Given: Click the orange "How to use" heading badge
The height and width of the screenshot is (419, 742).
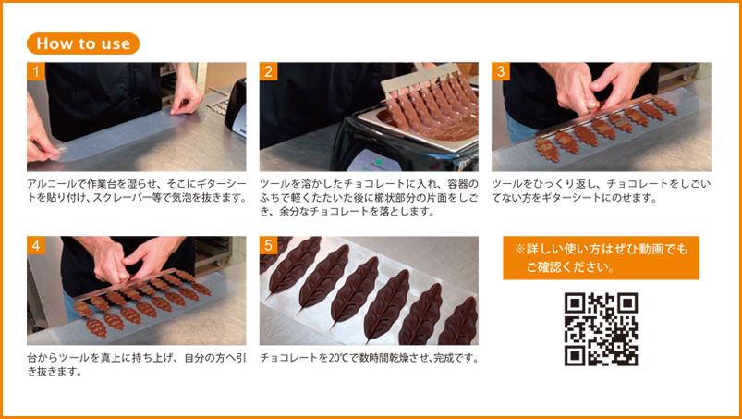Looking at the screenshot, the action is [83, 43].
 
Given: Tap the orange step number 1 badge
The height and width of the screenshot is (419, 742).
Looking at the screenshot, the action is [36, 71].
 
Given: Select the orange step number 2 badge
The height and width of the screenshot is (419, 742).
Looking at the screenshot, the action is [268, 71].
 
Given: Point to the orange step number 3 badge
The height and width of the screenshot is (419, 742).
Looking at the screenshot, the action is [501, 71].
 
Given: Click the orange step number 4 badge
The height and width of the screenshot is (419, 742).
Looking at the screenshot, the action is [36, 245].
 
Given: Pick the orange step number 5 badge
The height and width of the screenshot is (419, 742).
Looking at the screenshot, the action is [268, 245].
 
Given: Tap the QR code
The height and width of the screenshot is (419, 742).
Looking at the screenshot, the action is [601, 329].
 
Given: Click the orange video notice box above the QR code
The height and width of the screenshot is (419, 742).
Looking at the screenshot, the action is [601, 258].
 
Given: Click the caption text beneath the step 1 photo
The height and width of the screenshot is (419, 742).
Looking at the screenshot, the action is [137, 191].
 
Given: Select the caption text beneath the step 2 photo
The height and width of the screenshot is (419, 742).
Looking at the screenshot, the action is [369, 197].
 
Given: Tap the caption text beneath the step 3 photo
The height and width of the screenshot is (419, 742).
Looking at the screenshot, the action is [601, 191].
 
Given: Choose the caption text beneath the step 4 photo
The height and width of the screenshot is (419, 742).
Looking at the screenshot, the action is [137, 365].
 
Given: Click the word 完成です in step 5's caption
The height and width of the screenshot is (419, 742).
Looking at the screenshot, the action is [454, 359].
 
